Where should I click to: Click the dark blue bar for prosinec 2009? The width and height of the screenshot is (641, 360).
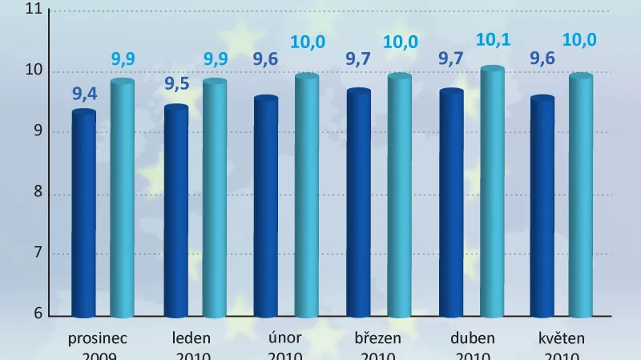[84, 213]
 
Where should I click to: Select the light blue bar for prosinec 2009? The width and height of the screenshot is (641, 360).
[123, 197]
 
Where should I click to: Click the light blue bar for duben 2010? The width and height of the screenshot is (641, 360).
[492, 192]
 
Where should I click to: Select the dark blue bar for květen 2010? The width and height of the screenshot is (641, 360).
[542, 206]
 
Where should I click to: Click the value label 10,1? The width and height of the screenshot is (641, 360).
[492, 39]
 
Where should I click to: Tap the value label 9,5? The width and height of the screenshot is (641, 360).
[176, 86]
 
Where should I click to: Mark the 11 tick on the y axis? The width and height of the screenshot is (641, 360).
[33, 10]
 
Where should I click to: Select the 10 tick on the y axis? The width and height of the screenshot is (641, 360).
[33, 71]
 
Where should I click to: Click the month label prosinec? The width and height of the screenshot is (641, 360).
[99, 338]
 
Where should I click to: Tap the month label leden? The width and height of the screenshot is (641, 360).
[191, 338]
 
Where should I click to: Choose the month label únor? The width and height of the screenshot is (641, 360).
[284, 338]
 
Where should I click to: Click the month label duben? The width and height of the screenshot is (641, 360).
[472, 338]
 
